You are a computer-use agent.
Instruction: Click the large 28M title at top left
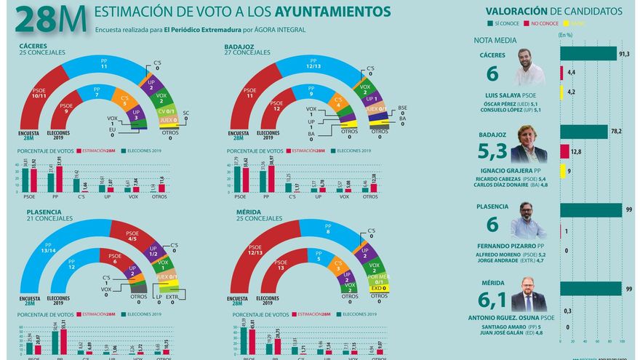click(49, 20)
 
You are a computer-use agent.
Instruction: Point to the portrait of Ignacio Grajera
click(529, 144)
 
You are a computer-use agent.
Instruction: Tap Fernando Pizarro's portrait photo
click(529, 220)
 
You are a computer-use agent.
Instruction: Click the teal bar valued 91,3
click(588, 54)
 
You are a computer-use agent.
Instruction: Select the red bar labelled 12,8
click(564, 151)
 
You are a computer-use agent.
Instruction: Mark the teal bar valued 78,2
click(583, 132)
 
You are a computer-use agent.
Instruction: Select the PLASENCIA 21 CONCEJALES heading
click(42, 216)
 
